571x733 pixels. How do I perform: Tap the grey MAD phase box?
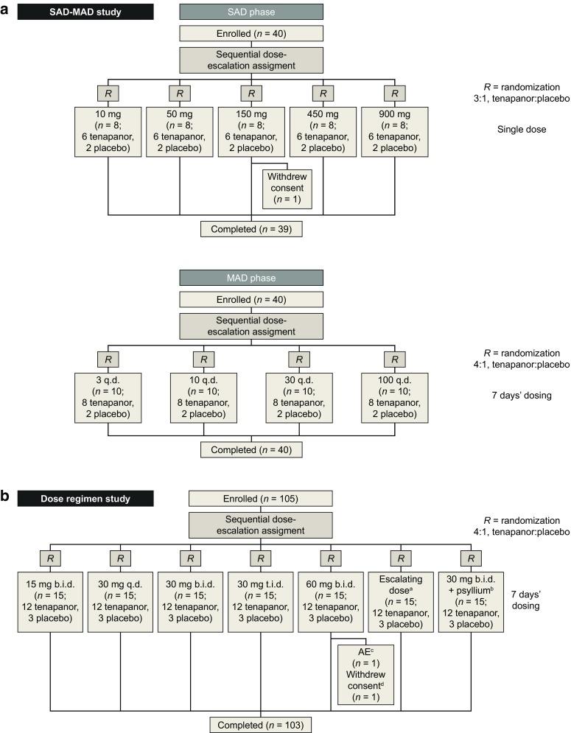tap(251, 277)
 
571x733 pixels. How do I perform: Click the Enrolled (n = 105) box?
tap(251, 499)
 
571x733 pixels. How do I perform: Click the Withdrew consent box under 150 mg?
tap(287, 189)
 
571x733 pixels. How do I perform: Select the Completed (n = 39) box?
tap(251, 228)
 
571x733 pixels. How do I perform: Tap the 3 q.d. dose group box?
tap(108, 397)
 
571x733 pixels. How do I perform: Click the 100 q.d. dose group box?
tap(395, 397)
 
